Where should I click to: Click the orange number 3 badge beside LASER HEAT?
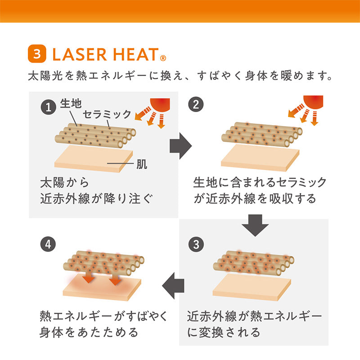pos(37,54)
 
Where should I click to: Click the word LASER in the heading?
pos(80,54)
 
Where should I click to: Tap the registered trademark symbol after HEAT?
pos(163,58)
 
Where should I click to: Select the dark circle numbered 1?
pos(49,107)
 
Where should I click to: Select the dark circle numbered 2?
pos(196,104)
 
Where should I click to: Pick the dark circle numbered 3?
pos(196,244)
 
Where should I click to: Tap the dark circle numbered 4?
pos(48,244)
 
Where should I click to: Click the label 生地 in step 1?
pos(71,103)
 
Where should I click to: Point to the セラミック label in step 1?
pos(107,114)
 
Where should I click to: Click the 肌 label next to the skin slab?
pos(142,164)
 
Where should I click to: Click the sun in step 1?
pos(160,105)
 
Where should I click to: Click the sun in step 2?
pos(313,102)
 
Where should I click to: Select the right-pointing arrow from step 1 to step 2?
pos(181,146)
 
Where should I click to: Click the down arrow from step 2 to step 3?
pos(255,225)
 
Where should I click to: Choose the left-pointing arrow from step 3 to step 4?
pos(173,286)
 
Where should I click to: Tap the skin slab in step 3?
pos(252,288)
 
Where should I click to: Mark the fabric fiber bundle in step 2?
pos(262,135)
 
